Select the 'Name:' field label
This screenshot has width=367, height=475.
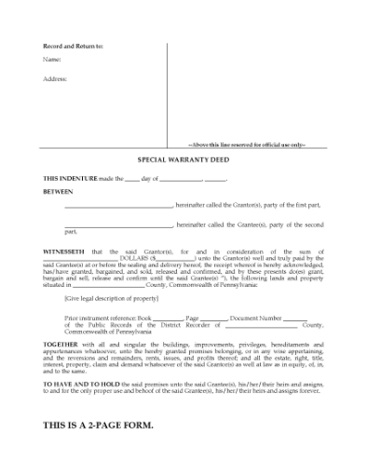52,61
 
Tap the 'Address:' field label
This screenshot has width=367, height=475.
55,79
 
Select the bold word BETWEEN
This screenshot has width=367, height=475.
59,193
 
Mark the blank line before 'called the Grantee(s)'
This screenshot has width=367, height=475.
119,225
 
